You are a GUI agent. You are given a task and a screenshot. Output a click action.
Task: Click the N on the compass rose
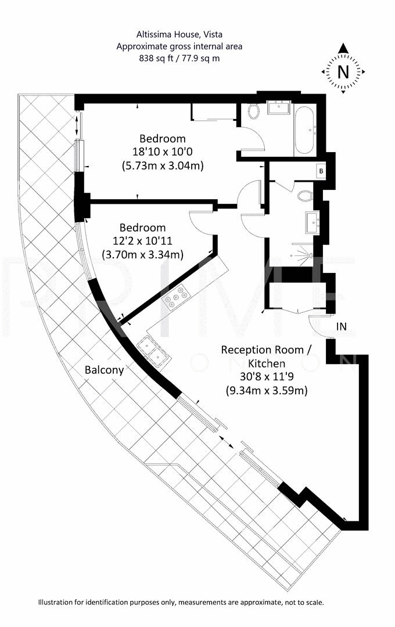click(343, 72)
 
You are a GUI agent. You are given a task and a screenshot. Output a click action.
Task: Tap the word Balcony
click(104, 370)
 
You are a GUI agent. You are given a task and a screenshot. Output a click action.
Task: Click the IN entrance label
click(342, 327)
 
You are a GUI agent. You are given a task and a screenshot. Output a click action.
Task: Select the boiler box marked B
click(320, 171)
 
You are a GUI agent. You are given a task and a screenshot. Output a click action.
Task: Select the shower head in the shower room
click(312, 255)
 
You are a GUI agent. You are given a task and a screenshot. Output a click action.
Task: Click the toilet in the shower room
click(304, 196)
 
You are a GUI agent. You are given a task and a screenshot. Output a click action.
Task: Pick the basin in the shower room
click(311, 221)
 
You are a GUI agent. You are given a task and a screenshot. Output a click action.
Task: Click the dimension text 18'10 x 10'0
click(163, 152)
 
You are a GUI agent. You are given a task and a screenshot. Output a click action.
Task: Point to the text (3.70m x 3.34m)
click(142, 254)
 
